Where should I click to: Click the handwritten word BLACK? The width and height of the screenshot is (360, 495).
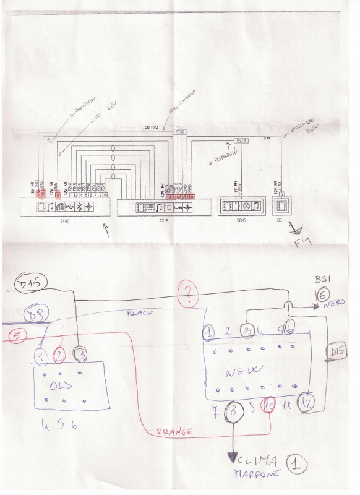(140, 314)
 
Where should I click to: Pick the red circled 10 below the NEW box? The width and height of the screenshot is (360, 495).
(269, 407)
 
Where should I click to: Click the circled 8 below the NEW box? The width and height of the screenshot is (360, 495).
(233, 409)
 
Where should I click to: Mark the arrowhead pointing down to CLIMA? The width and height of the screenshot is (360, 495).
(233, 458)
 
